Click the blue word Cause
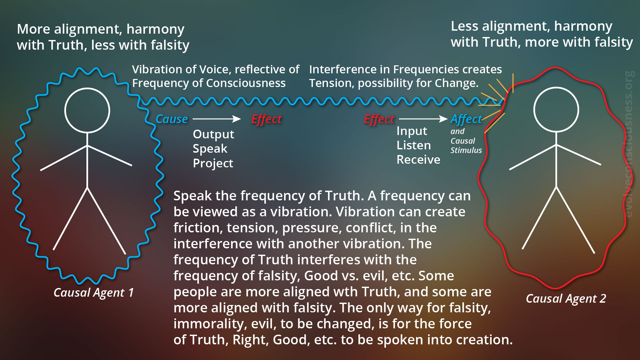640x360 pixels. coord(172,119)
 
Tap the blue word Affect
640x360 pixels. coord(466,119)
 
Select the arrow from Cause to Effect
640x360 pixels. coord(217,119)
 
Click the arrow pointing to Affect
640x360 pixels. coord(423,119)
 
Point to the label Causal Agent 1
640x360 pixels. coord(94,293)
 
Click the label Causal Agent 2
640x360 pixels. coord(566,299)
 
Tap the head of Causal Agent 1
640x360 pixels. coord(87,110)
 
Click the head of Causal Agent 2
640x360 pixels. coord(556,110)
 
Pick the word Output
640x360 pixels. coord(213,134)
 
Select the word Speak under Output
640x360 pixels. coord(210,149)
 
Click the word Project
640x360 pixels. coord(213,163)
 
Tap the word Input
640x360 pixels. coord(412,131)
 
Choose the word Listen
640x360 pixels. coord(414,145)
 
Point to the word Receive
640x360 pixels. coord(418,160)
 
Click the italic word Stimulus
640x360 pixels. coord(466,150)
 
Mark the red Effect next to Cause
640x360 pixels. coord(266,119)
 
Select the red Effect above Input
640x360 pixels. coord(379,119)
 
